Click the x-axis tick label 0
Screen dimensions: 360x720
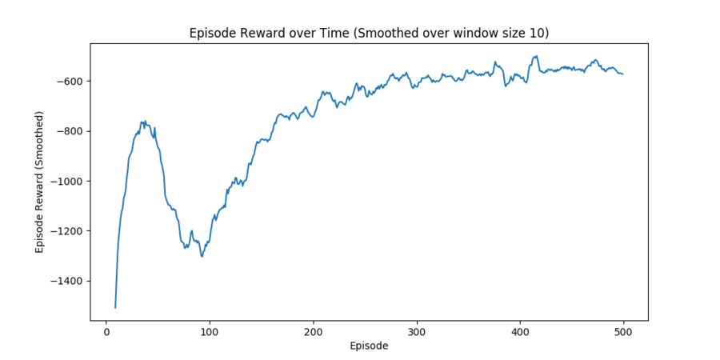pos(106,332)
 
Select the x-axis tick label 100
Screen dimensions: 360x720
pos(210,332)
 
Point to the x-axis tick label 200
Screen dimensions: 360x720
pos(313,332)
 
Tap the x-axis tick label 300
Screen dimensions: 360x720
pos(417,332)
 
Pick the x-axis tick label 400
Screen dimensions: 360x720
pos(520,332)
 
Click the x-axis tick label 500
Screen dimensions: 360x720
pos(624,332)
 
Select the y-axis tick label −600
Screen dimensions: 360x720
pos(70,81)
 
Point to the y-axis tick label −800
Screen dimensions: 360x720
pos(70,131)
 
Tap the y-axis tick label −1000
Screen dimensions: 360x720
pos(67,181)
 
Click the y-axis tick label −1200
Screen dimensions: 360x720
pos(67,231)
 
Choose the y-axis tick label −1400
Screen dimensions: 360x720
pos(67,281)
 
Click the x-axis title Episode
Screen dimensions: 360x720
pos(369,346)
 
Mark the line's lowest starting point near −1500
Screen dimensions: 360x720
pos(115,307)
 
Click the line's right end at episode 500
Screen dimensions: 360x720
pos(623,74)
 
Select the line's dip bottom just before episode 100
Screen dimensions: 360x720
pos(202,256)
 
